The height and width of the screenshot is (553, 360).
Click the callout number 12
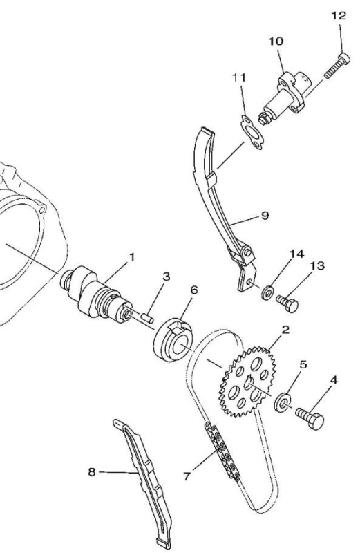point(339,16)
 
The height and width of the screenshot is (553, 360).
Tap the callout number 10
point(276,41)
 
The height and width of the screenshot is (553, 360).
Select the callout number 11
point(239,77)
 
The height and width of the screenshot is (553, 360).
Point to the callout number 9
point(265,215)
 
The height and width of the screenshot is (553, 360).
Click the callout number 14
point(296,254)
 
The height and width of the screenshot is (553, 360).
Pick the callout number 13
point(317,265)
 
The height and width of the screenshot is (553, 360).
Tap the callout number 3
point(166,276)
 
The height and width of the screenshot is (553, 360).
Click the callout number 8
point(92,471)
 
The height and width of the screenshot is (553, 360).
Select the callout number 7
point(187,476)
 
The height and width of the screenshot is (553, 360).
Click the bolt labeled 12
point(337,66)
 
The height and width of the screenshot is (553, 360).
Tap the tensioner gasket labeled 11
point(252,133)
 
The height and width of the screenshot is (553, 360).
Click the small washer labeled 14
point(269,292)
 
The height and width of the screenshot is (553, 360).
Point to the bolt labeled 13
point(287,303)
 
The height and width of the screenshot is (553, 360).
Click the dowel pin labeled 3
point(147,317)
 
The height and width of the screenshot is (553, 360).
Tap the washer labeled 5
point(283,402)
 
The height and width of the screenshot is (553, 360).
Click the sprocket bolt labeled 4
point(310,417)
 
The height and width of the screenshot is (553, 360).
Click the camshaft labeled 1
point(96,294)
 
